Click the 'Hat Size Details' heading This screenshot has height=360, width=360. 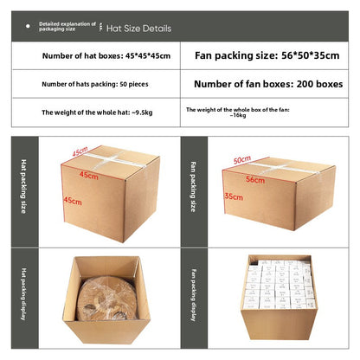coord(138,29)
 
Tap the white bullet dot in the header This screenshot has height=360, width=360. coord(28,26)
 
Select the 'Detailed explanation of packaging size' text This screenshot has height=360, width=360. coord(67,27)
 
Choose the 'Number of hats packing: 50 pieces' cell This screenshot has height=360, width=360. coord(95,84)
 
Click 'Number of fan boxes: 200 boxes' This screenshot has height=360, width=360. coord(268,84)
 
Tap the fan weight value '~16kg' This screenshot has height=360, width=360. coord(238,115)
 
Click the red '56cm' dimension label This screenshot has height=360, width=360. coord(255,180)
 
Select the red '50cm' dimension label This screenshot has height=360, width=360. coord(242,159)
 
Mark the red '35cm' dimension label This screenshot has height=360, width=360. coord(234,196)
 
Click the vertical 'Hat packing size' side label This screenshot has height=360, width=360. coord(23,186)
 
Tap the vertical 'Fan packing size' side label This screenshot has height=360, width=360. coord(193,187)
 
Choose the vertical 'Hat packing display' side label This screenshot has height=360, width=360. coord(23,293)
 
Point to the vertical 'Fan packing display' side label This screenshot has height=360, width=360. coord(193,295)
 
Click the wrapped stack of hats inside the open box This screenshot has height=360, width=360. coord(107,299)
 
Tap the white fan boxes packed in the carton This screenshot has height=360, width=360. coord(280,284)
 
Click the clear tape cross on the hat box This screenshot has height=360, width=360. coord(111,160)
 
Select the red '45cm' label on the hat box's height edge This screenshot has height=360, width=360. coord(73,201)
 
